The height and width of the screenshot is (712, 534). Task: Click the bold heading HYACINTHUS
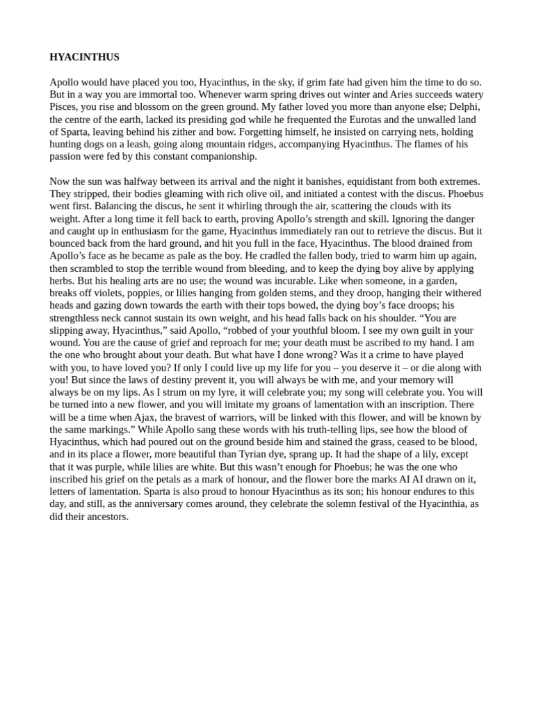(x=84, y=57)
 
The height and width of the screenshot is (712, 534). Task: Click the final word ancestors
(x=104, y=517)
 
